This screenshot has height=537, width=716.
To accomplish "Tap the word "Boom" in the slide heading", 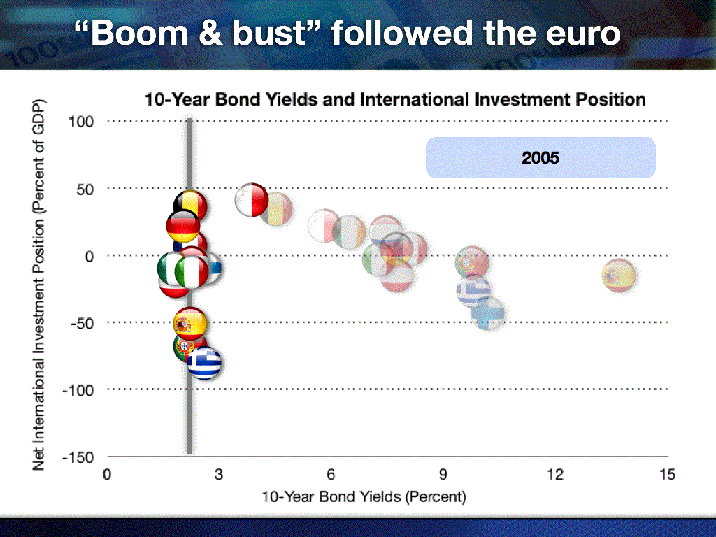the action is tap(139, 33).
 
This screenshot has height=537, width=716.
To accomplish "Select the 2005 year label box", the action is tap(540, 157).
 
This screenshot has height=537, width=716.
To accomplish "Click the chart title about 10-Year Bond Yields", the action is tap(395, 99).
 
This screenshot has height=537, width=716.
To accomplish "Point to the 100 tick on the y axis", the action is tap(81, 122).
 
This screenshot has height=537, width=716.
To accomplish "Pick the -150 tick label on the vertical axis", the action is tap(78, 457).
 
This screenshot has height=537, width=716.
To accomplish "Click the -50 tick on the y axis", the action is tap(82, 323).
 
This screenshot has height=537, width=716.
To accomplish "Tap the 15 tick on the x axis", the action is tap(667, 475).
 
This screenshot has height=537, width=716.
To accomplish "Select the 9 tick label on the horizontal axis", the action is tap(443, 475).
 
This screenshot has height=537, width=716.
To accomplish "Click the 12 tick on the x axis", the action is tap(555, 475).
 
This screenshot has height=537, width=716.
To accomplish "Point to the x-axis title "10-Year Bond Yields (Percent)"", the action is tap(364, 496).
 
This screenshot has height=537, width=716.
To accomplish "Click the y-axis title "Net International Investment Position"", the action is tap(39, 285).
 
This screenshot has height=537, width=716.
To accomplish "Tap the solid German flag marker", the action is tap(183, 226).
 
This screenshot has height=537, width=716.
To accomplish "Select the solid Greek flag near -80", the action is tap(205, 363).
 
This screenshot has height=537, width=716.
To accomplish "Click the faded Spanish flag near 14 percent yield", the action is tap(619, 275).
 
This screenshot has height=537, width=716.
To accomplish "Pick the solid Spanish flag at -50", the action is tap(190, 324).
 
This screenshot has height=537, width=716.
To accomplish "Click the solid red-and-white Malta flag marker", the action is tap(252, 199).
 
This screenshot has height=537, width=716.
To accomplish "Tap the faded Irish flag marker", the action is tap(349, 232).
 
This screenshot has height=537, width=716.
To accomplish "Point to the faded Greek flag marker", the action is tap(473, 290).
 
